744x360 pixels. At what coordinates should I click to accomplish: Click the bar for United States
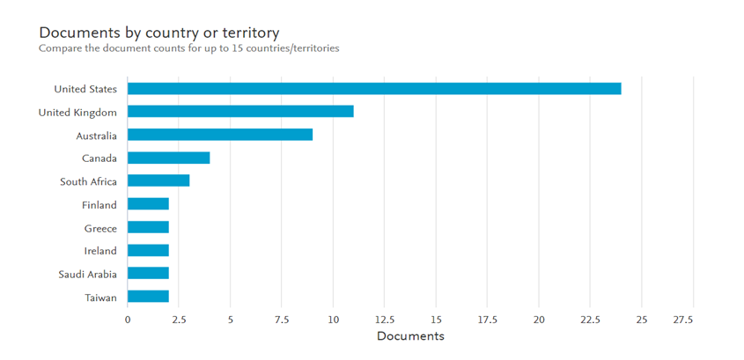click(374, 89)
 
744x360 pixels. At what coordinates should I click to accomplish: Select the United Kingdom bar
click(240, 112)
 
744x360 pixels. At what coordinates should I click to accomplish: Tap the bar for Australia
click(220, 135)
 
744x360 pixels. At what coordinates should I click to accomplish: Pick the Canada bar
click(168, 158)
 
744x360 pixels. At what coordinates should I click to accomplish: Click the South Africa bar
click(158, 181)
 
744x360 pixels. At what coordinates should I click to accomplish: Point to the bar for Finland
click(148, 204)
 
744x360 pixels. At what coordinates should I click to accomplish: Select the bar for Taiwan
click(148, 297)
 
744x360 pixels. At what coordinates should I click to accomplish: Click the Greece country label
click(100, 228)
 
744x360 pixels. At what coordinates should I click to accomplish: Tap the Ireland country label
click(99, 251)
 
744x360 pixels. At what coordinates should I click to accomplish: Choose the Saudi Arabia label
click(87, 274)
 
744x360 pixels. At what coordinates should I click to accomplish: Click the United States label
click(85, 89)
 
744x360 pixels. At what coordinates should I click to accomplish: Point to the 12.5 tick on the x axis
click(385, 320)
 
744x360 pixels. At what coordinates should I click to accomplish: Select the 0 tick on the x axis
click(128, 320)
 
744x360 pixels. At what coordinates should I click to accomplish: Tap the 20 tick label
click(539, 320)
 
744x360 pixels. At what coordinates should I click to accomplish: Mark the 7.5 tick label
click(282, 320)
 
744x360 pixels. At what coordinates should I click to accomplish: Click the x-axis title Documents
click(410, 336)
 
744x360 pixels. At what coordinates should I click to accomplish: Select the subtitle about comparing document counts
click(188, 48)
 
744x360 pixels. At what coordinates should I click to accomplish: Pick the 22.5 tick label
click(590, 320)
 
